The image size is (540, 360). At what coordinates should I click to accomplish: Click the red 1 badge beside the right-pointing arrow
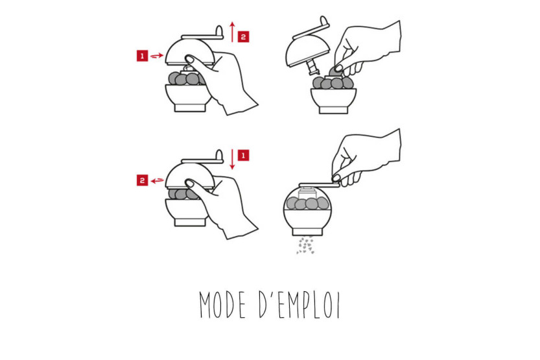click(142, 56)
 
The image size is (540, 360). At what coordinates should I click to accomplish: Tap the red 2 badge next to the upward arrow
click(244, 37)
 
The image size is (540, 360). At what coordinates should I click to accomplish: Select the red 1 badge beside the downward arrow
click(244, 155)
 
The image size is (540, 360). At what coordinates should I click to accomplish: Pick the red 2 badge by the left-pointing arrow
click(142, 180)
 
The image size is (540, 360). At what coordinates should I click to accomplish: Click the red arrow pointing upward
click(233, 32)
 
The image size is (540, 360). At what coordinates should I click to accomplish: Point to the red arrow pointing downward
click(233, 159)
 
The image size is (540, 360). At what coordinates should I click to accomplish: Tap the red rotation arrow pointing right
click(157, 56)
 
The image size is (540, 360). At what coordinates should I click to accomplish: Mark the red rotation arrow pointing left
click(158, 180)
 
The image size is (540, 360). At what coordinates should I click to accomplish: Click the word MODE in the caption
click(222, 305)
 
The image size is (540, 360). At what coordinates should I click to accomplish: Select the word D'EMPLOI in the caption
click(299, 304)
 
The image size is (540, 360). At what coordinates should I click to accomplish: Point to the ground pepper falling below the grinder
click(306, 245)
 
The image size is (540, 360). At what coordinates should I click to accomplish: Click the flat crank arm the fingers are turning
click(319, 186)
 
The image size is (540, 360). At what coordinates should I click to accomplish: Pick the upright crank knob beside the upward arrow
click(219, 31)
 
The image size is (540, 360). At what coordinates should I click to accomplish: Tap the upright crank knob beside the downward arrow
click(219, 156)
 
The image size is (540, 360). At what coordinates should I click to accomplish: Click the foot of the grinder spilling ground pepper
click(307, 232)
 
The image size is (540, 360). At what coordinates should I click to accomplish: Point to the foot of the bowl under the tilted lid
click(333, 110)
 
